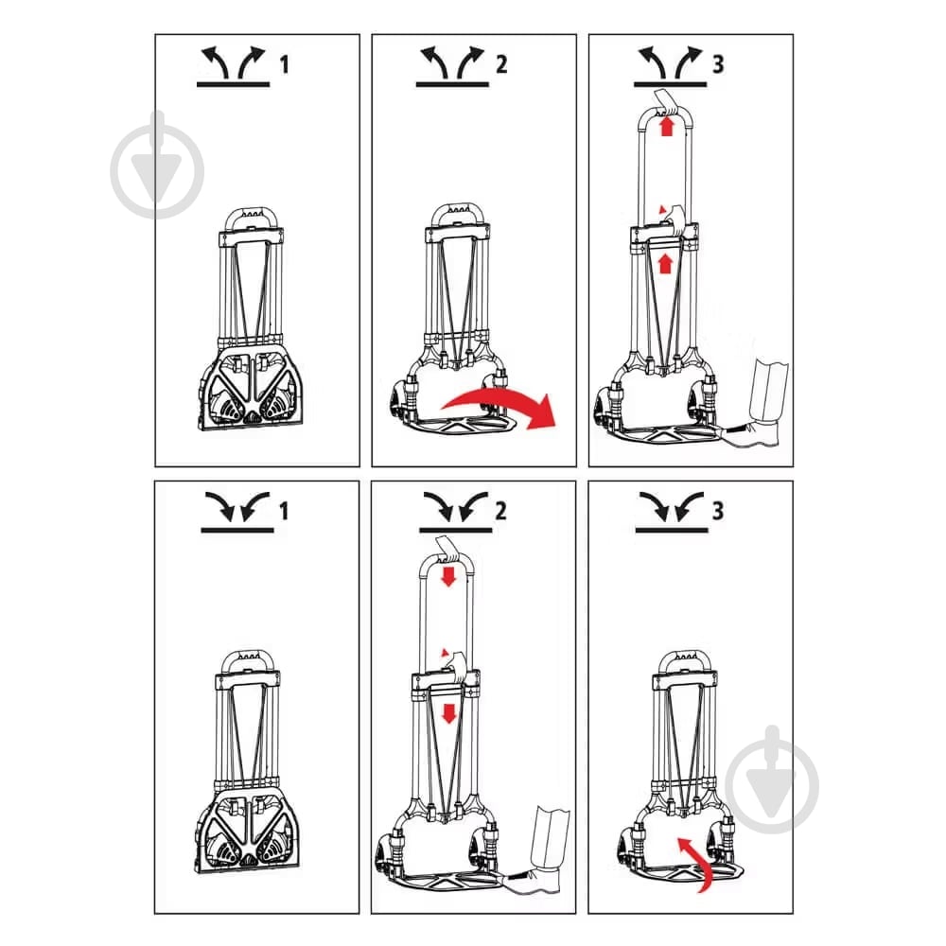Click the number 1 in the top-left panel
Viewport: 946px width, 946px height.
pyautogui.click(x=284, y=64)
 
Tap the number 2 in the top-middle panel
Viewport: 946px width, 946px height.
pyautogui.click(x=501, y=64)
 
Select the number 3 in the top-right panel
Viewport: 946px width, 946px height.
pyautogui.click(x=718, y=64)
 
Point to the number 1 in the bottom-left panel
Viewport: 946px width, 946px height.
pyautogui.click(x=284, y=511)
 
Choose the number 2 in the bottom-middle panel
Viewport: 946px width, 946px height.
pyautogui.click(x=500, y=511)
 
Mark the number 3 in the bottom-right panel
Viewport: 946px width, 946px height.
pyautogui.click(x=718, y=511)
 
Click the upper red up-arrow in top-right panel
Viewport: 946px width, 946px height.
pyautogui.click(x=666, y=126)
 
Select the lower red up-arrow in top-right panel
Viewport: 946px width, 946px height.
pyautogui.click(x=665, y=263)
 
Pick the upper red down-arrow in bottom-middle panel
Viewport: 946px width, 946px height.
pyautogui.click(x=448, y=576)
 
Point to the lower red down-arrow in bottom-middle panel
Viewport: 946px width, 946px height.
pyautogui.click(x=448, y=713)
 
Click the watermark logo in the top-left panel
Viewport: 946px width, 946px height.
pyautogui.click(x=157, y=166)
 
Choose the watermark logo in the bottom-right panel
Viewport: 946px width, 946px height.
pyautogui.click(x=772, y=780)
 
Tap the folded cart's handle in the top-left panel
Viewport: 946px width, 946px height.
pyautogui.click(x=251, y=219)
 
